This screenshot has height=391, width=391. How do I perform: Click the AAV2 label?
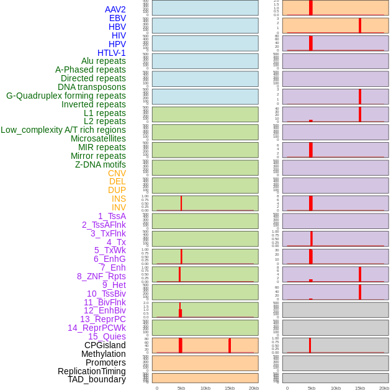point(115,9)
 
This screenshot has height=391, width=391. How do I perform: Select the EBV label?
point(117,18)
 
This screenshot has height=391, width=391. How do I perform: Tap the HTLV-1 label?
point(111,53)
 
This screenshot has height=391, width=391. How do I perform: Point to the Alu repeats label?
point(103,61)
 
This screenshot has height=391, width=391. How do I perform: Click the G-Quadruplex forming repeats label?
point(66,96)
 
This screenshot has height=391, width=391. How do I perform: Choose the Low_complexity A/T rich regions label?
point(63,130)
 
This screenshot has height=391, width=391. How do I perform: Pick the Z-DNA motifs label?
point(100,164)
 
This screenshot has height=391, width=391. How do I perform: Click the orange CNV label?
point(117,173)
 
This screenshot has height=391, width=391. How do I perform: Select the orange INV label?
point(119,207)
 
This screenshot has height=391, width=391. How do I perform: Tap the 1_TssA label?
point(112,216)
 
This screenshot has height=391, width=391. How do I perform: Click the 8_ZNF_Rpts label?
point(101,276)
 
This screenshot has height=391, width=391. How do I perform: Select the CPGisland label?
point(105,345)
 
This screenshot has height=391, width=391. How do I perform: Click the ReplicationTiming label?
point(92,371)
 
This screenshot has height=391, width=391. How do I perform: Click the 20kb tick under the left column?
point(254,388)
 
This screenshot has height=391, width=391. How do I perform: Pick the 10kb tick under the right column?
point(336,388)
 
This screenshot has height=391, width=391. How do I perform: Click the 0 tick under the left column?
point(157,388)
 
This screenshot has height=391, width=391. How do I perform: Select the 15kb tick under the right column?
point(360,388)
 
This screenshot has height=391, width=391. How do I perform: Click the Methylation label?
point(103,354)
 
